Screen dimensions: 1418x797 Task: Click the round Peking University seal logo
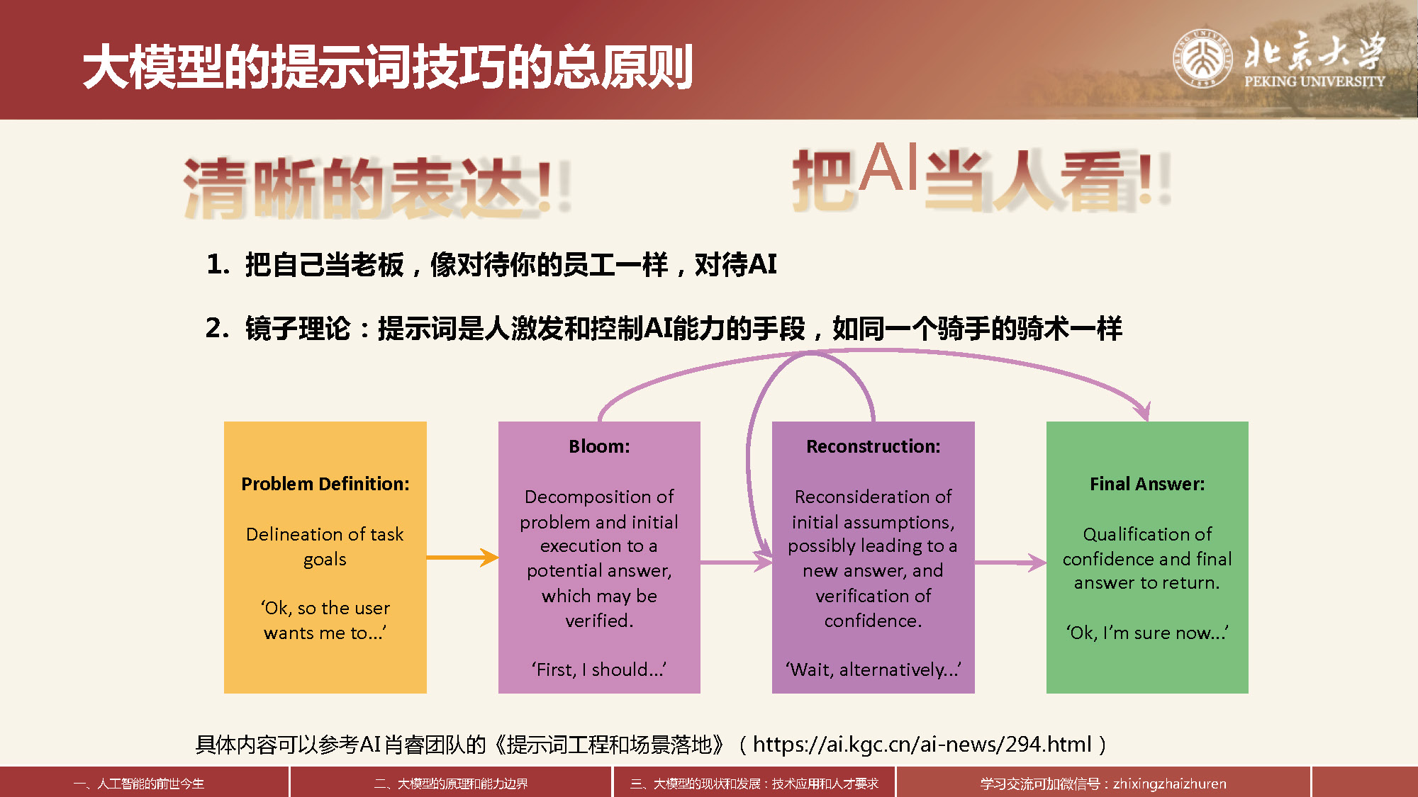1202,58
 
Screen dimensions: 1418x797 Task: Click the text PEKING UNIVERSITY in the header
1314,81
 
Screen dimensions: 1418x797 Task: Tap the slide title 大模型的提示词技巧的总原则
388,67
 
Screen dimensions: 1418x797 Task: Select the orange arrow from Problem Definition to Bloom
462,558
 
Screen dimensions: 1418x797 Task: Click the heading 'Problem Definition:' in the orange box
325,484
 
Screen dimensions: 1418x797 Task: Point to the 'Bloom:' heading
599,446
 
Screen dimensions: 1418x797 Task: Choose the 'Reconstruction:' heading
873,446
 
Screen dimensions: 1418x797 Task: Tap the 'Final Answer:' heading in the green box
1147,484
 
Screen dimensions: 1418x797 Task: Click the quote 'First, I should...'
599,669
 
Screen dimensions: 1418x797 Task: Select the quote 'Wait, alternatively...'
873,669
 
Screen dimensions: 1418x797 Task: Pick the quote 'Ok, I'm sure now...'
1147,633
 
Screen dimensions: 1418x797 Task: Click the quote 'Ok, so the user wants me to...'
325,621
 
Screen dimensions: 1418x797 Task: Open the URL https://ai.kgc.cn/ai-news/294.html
922,744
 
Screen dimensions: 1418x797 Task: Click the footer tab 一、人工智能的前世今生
139,784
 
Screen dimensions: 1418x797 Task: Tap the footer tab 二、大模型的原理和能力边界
451,784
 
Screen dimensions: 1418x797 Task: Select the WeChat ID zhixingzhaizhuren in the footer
1170,784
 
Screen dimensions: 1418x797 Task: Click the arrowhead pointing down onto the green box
1143,412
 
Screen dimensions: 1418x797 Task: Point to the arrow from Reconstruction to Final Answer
1010,563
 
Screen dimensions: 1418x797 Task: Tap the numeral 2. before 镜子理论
217,328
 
